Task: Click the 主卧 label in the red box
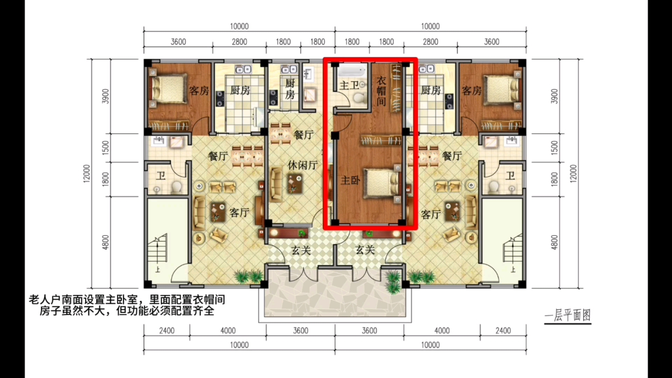click(x=350, y=180)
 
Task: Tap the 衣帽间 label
click(x=381, y=91)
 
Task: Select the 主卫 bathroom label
click(x=349, y=85)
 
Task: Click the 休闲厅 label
click(x=302, y=165)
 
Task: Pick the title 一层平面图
click(x=568, y=316)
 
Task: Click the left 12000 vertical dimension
click(x=87, y=173)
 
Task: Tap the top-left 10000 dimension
click(x=239, y=26)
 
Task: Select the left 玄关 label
click(x=301, y=250)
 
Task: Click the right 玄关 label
click(x=365, y=250)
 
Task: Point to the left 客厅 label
click(x=239, y=212)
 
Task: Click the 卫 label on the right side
click(x=510, y=175)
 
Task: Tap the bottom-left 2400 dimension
click(x=166, y=330)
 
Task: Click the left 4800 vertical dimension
click(x=105, y=242)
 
